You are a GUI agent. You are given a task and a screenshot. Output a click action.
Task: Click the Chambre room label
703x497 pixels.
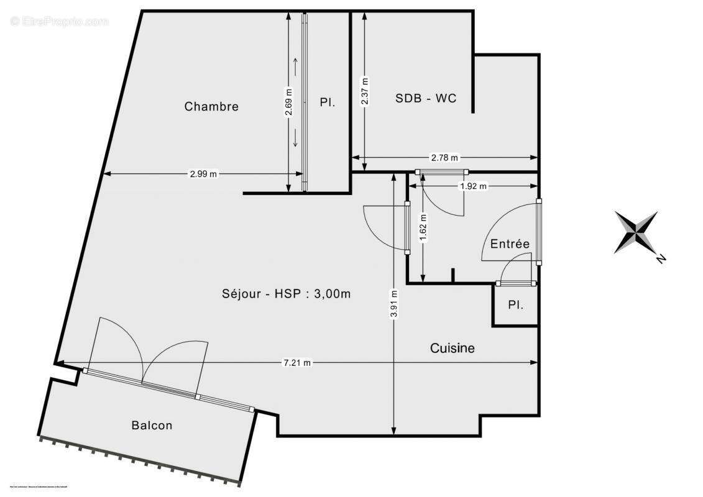211,107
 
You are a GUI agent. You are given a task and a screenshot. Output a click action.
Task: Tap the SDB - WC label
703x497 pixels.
426,98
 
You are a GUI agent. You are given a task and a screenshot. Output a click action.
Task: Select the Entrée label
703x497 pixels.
510,244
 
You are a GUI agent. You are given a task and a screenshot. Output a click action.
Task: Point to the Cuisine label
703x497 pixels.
453,349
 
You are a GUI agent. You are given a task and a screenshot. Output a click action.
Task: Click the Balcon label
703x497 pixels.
152,426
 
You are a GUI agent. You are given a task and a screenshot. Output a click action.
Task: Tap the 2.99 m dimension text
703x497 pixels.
203,174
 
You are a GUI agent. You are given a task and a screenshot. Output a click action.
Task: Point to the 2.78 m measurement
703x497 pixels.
444,158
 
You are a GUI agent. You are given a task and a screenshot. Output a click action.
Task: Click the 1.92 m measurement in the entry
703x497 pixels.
474,186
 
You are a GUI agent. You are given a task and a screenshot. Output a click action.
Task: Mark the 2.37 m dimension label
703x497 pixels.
365,92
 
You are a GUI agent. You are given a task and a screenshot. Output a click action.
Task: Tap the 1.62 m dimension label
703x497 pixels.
423,227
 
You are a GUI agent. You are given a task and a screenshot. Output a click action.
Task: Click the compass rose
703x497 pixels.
636,232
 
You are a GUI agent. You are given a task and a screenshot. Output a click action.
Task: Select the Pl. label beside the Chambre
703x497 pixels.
328,103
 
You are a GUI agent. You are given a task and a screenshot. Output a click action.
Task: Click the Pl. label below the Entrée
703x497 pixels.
515,305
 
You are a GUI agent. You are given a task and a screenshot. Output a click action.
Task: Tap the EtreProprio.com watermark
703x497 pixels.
59,22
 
